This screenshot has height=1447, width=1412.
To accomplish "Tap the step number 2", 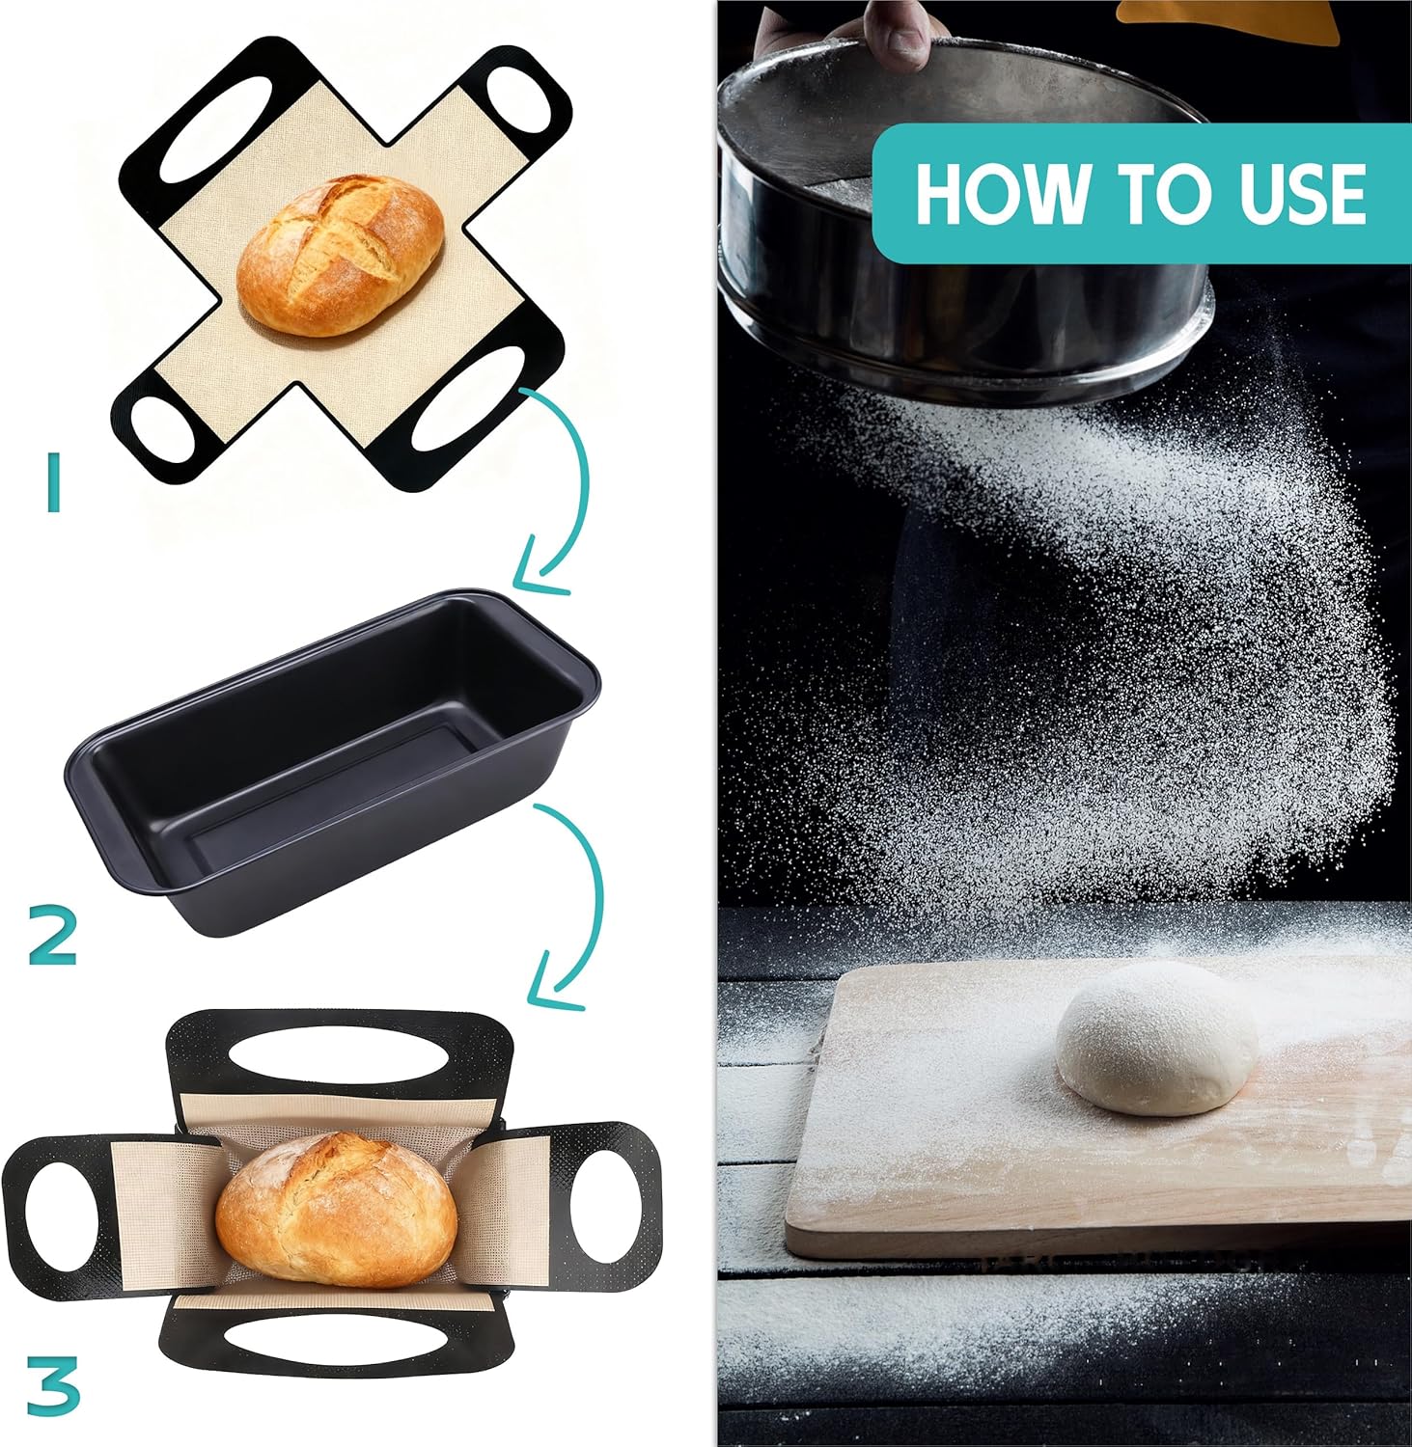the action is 53,937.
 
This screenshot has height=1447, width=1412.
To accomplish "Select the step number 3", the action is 53,1386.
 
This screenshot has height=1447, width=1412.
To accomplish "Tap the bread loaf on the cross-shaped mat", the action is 340,256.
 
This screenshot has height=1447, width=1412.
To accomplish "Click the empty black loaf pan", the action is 333,762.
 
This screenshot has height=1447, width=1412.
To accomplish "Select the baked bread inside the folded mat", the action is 336,1210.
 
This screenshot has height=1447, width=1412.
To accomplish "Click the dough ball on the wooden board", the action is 1156,1038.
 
